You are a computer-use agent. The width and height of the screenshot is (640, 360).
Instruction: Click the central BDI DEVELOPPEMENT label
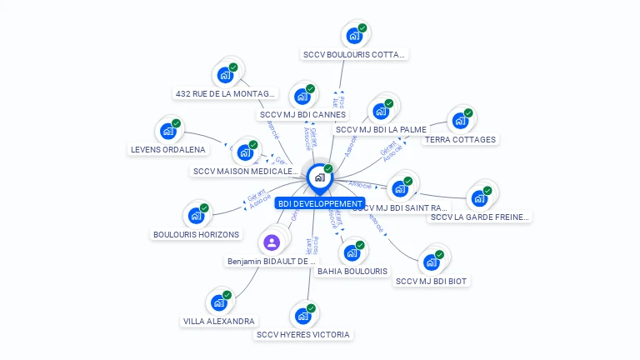coord(320,203)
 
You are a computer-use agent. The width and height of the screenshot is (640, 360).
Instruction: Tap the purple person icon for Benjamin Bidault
coord(271,242)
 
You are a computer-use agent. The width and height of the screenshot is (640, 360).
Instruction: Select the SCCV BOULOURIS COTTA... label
coord(354,55)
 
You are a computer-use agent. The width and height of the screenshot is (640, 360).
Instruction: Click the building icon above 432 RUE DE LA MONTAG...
coord(224,75)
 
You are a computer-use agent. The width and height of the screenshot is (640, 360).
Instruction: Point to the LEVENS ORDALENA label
coord(168,150)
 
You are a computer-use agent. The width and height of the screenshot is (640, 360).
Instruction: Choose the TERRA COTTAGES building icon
coord(459,121)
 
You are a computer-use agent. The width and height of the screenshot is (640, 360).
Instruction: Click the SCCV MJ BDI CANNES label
coord(302,115)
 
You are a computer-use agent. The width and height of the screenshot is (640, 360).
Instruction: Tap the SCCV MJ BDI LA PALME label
coord(380,130)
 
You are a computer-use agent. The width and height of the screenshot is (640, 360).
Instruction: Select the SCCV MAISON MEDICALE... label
coord(245,172)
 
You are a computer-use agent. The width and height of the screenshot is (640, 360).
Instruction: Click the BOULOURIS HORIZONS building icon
coord(196,216)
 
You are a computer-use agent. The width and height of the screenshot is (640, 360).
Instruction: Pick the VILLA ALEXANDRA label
coord(218,321)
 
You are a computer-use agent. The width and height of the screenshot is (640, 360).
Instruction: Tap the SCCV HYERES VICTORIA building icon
coord(302,317)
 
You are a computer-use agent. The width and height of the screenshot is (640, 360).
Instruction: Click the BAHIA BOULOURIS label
coord(352,271)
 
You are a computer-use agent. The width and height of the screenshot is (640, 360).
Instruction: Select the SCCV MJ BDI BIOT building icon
coord(431,262)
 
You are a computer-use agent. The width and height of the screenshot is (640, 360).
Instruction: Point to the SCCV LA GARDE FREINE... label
coord(479,217)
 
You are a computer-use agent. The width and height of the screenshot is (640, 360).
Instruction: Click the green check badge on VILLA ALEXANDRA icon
coord(227,294)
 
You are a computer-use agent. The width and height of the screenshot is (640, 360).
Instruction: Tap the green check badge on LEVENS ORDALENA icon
coord(177,123)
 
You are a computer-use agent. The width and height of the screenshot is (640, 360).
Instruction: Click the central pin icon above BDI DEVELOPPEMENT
coord(318,177)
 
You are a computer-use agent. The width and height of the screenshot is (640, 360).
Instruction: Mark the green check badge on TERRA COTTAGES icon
coord(468,112)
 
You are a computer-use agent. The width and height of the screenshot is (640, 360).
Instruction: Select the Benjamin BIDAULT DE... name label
coord(272,261)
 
